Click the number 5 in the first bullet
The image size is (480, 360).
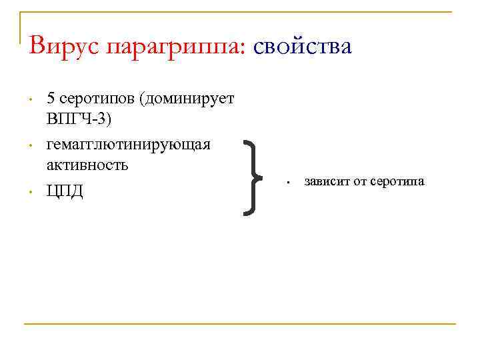pyautogui.click(x=51, y=99)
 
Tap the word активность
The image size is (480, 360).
pyautogui.click(x=87, y=165)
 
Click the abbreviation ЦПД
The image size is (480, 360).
pyautogui.click(x=65, y=191)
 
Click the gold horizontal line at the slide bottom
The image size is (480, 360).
pyautogui.click(x=240, y=324)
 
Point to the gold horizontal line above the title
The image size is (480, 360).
pyautogui.click(x=240, y=11)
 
